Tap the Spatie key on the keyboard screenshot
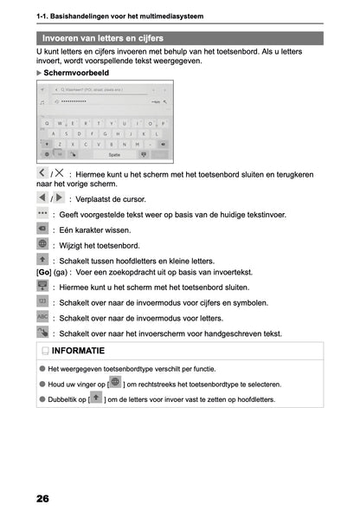113,154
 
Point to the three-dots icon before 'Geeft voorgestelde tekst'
43,213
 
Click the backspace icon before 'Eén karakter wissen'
43,229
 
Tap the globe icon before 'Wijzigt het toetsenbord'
43,245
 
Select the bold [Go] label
43,272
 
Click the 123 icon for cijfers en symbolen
43,301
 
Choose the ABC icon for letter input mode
43,317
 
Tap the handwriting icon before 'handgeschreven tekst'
43,333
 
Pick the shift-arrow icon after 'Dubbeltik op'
97,398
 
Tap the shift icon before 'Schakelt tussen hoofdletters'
43,260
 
